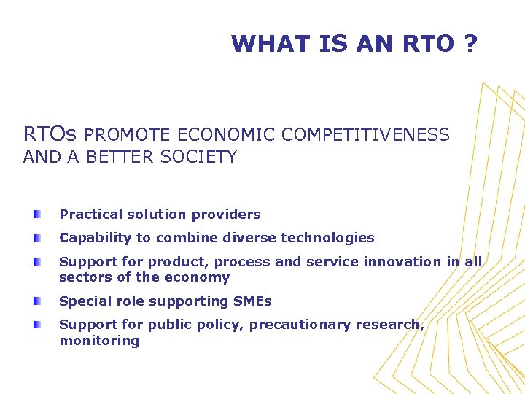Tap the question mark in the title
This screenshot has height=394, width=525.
[470, 44]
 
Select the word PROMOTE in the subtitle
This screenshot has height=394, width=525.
[128, 135]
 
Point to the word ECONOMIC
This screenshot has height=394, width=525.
[227, 135]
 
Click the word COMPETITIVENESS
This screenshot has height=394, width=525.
[365, 135]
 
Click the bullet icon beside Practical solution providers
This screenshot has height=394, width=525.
[36, 214]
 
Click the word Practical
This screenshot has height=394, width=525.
[90, 215]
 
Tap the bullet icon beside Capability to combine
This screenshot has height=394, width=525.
[36, 237]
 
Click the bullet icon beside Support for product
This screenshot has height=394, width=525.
[36, 261]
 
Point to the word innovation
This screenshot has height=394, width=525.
[405, 261]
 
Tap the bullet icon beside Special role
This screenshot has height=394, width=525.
[36, 301]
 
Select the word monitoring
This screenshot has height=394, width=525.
[99, 341]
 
